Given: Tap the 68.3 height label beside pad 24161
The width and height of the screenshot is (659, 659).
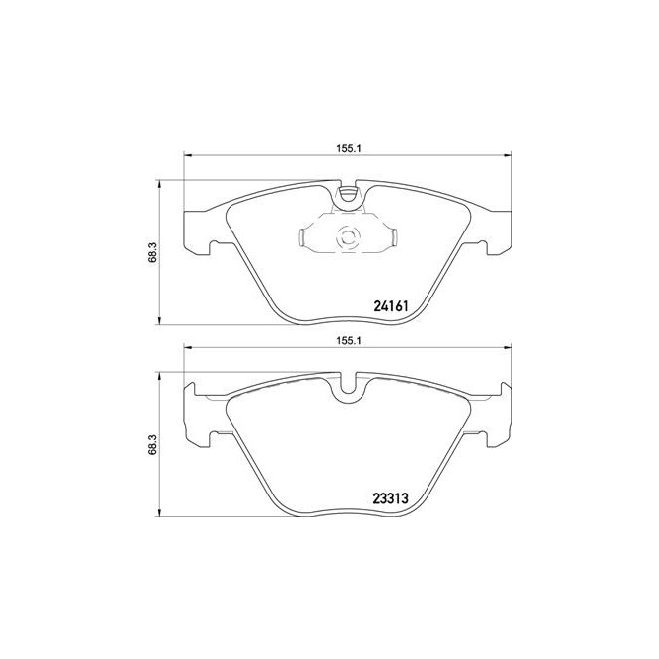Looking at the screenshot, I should [x=149, y=254].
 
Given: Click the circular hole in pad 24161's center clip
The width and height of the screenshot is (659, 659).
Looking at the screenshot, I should [x=347, y=236].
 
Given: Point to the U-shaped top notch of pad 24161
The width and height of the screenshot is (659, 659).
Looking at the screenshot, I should [x=347, y=197].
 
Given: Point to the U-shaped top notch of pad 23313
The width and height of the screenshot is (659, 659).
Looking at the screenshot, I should [x=347, y=389].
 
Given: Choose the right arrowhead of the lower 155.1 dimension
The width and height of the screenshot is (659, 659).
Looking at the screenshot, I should [x=509, y=349].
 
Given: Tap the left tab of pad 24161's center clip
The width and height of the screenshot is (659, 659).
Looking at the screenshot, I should [x=303, y=236].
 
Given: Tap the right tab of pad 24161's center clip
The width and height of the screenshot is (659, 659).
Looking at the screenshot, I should [x=391, y=236].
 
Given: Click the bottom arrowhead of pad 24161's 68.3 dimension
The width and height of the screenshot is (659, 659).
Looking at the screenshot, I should [x=160, y=322].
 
